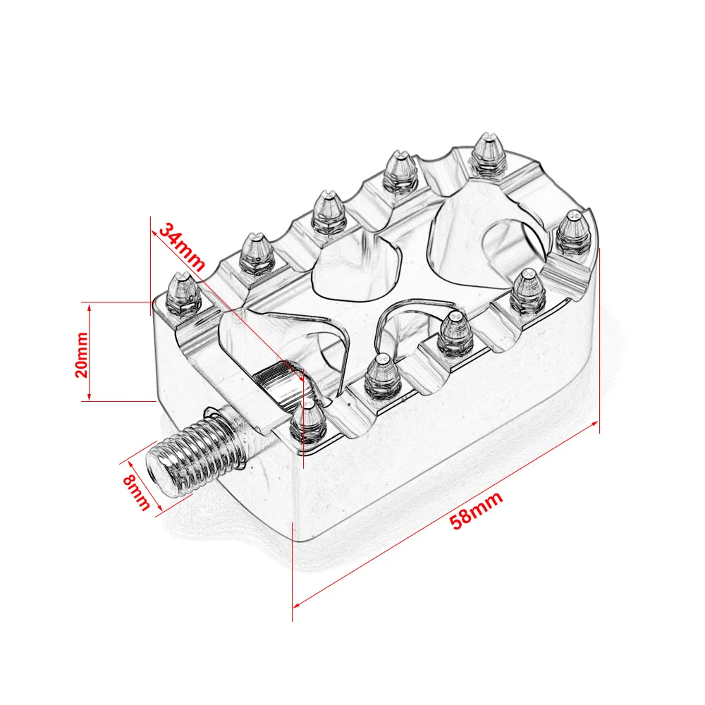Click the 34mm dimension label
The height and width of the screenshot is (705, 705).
[x=182, y=246]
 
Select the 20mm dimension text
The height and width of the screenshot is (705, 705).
[x=82, y=355]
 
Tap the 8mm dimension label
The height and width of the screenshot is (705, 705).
[x=136, y=493]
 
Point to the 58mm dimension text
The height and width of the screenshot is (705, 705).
[x=476, y=510]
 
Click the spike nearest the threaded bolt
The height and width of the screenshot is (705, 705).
[x=308, y=421]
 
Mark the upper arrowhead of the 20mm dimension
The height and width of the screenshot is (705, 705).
[x=90, y=306]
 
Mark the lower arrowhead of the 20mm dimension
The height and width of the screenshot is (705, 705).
[x=90, y=396]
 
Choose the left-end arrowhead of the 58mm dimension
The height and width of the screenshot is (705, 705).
[x=297, y=605]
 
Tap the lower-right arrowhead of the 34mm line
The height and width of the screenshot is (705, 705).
[x=300, y=378]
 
